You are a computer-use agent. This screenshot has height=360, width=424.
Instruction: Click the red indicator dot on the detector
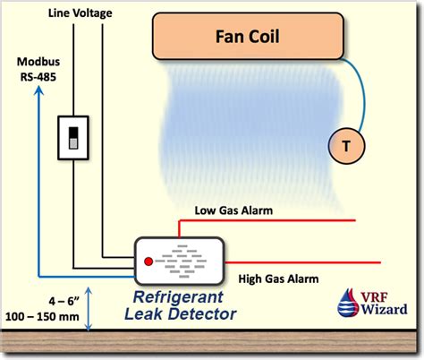(148, 261)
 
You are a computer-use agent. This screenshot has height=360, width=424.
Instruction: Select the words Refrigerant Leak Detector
(185, 305)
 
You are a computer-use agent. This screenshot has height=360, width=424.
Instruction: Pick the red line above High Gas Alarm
(304, 262)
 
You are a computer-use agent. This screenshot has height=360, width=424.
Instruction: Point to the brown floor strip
(212, 342)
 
